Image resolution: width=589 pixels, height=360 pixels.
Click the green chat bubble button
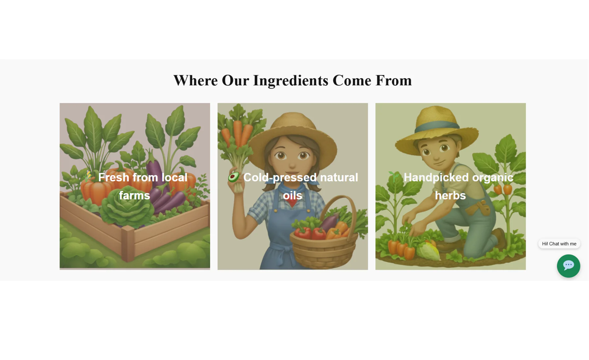[x=568, y=266]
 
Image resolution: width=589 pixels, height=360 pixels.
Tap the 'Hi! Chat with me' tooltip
[x=559, y=243]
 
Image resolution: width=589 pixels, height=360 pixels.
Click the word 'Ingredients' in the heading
[x=291, y=81]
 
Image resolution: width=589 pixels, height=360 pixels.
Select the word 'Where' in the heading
[x=195, y=81]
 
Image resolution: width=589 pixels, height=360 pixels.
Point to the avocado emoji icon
[x=234, y=177]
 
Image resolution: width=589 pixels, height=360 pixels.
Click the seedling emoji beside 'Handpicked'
[x=394, y=177]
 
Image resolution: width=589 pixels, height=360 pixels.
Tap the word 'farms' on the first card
[x=134, y=195]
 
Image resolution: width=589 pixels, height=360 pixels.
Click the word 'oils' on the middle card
[x=293, y=195]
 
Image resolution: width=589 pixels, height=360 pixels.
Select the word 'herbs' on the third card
[x=450, y=195]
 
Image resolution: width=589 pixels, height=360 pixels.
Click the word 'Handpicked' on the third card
[x=436, y=177]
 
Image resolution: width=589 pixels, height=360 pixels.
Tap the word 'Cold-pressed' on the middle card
[x=280, y=177]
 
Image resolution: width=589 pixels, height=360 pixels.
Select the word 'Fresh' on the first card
[x=114, y=177]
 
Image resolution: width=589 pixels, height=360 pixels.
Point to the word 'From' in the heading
[x=394, y=81]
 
